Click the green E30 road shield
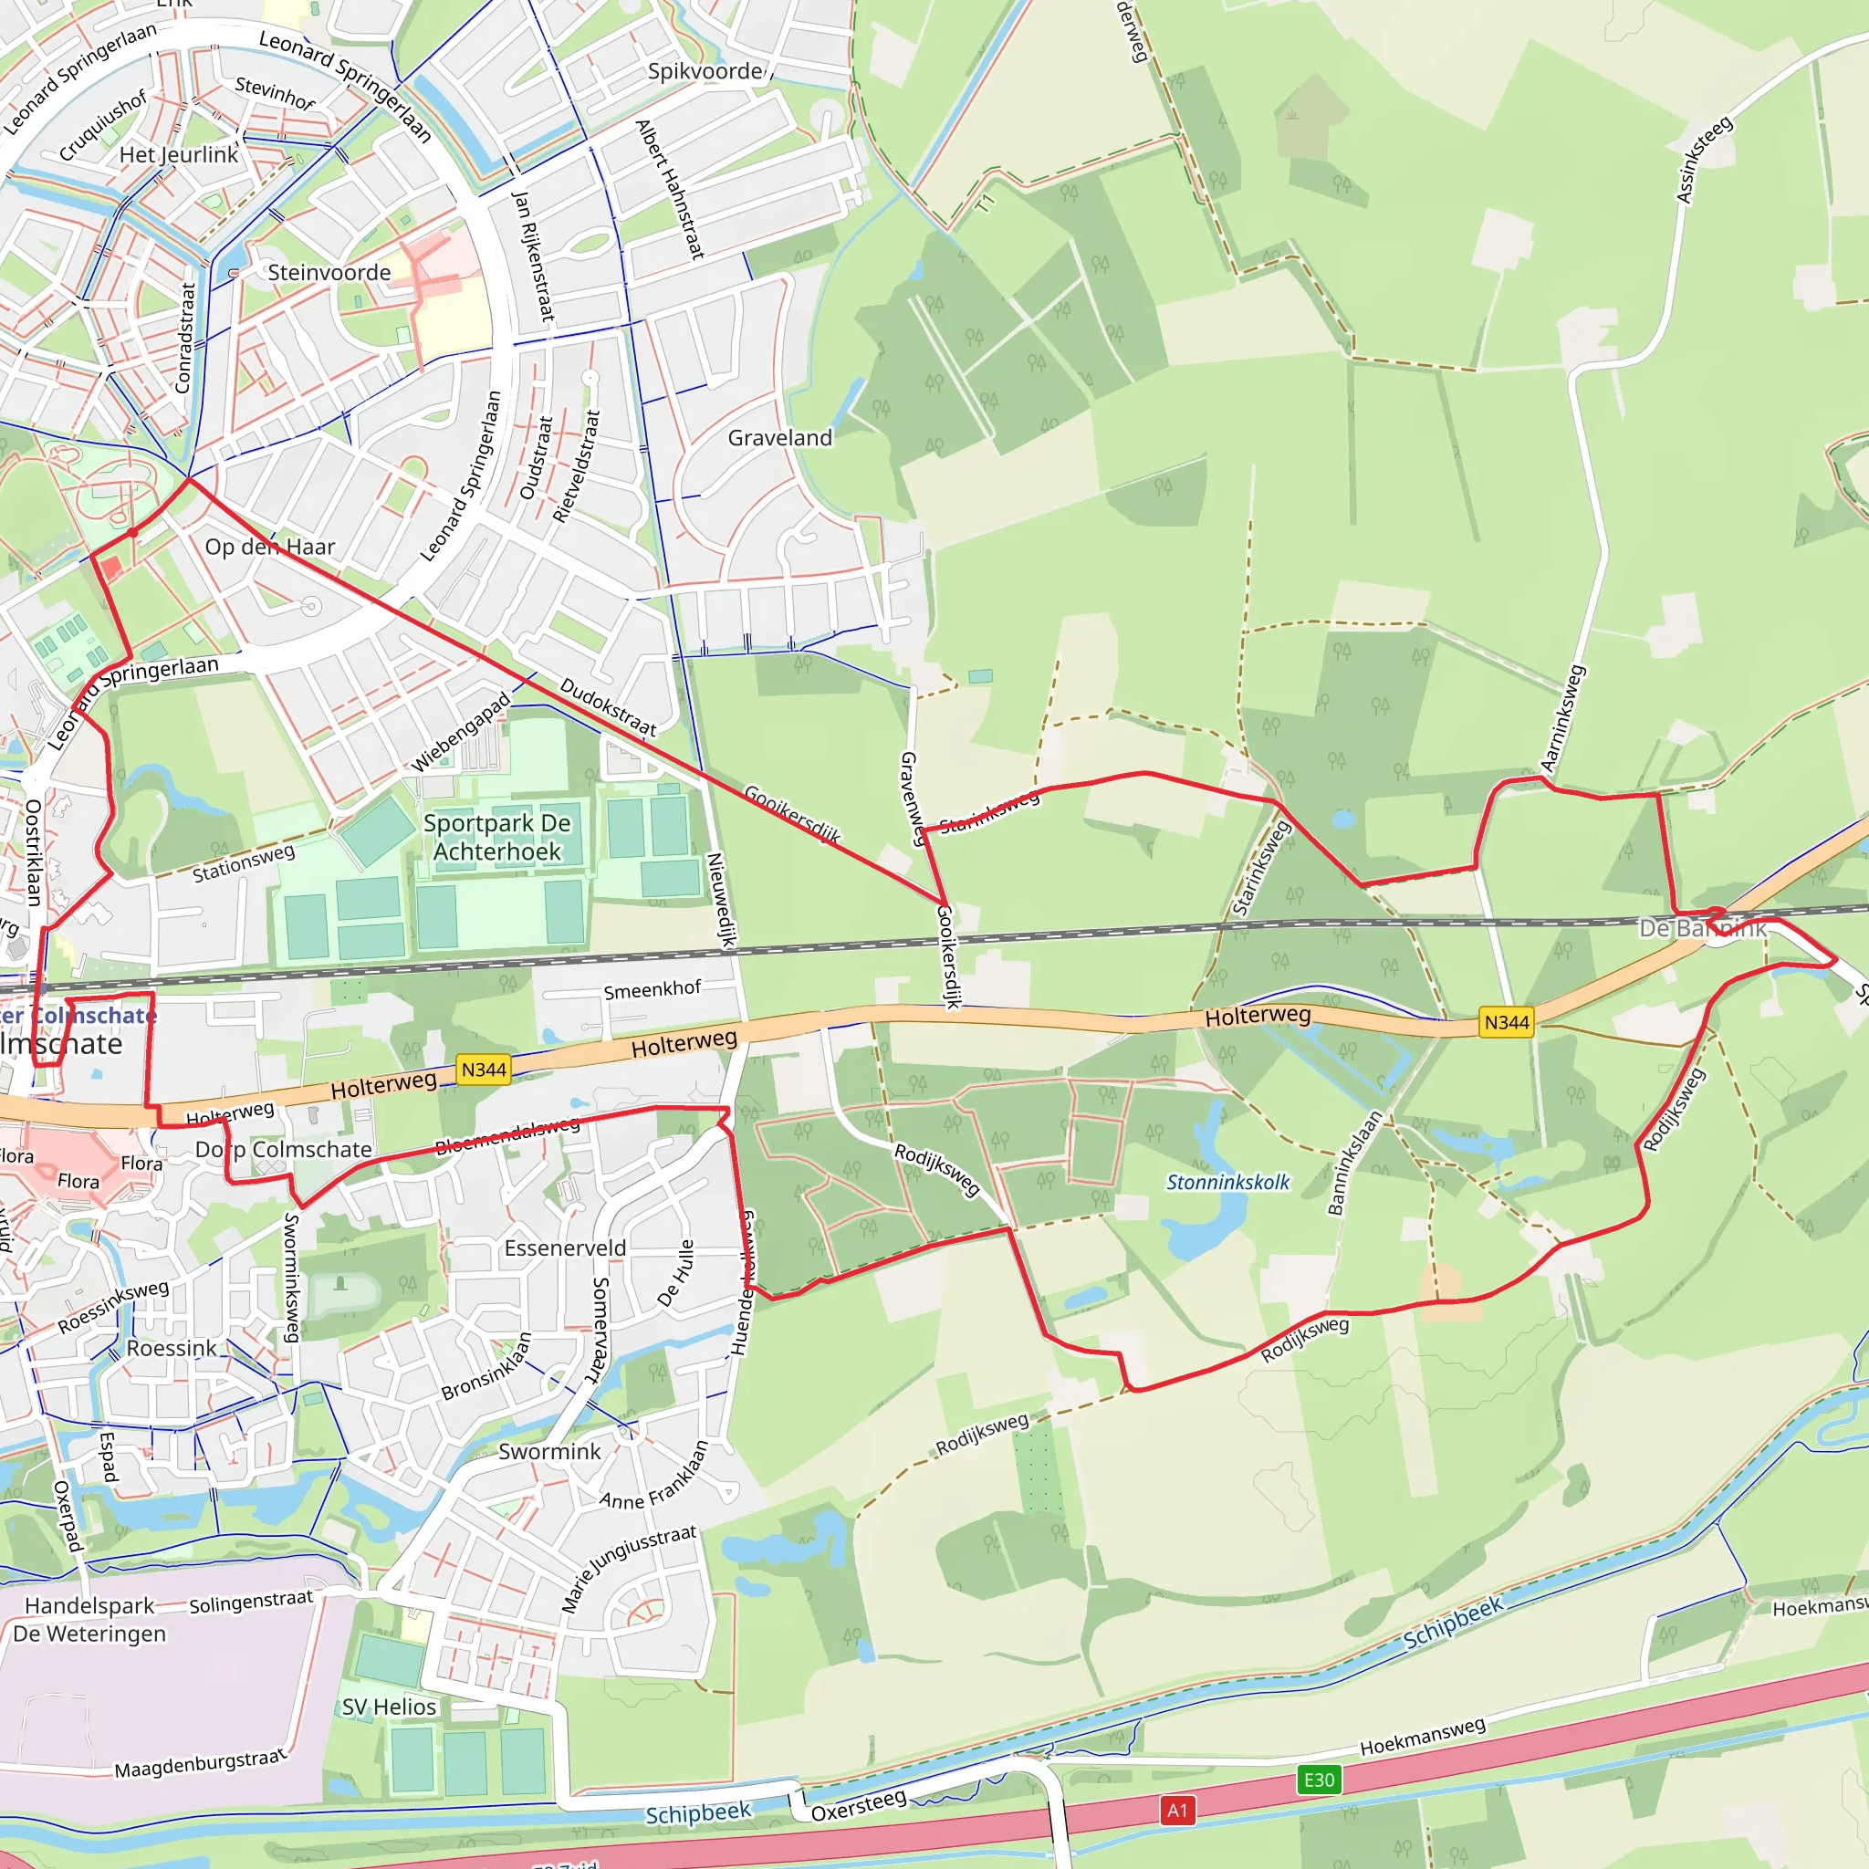point(1320,1780)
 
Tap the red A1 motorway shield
point(1176,1811)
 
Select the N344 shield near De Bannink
point(1506,1022)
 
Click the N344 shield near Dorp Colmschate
point(483,1069)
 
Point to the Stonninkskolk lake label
point(1227,1182)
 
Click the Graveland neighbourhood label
point(779,438)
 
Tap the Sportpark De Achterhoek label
point(497,838)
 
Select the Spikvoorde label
point(705,71)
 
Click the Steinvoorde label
point(329,273)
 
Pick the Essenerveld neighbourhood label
point(565,1248)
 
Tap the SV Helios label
point(389,1707)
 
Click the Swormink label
point(549,1451)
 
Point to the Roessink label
point(172,1349)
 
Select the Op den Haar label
point(270,548)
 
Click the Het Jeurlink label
point(179,155)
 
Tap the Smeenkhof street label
point(652,989)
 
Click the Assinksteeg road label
point(1704,161)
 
